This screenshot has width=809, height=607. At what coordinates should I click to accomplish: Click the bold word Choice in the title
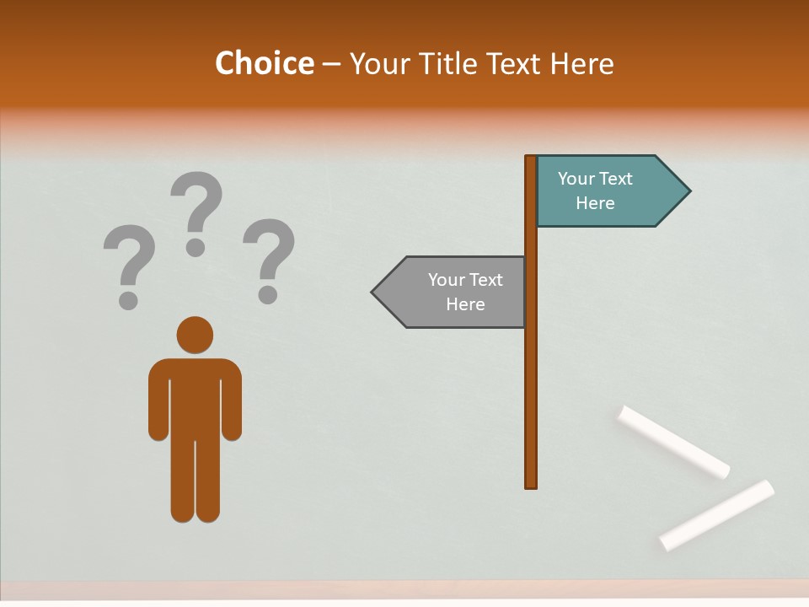pyautogui.click(x=264, y=63)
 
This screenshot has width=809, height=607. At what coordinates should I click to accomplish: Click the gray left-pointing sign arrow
pyautogui.click(x=451, y=293)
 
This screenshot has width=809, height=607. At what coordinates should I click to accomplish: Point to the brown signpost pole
pyautogui.click(x=531, y=379)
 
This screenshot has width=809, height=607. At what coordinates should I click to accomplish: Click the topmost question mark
pyautogui.click(x=196, y=211)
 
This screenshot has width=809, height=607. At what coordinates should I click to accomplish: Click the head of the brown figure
pyautogui.click(x=195, y=335)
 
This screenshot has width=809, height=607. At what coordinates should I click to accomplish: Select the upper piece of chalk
pyautogui.click(x=673, y=441)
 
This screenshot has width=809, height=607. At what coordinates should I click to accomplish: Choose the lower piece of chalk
pyautogui.click(x=716, y=514)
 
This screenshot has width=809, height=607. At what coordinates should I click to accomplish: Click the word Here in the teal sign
pyautogui.click(x=595, y=203)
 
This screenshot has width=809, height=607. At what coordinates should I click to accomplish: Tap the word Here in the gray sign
pyautogui.click(x=465, y=304)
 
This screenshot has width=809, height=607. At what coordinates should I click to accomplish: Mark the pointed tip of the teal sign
pyautogui.click(x=688, y=191)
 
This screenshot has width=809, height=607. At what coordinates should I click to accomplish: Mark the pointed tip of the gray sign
pyautogui.click(x=373, y=293)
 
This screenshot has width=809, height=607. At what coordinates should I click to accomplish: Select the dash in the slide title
pyautogui.click(x=331, y=64)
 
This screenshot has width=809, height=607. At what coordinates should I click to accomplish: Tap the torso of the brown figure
pyautogui.click(x=195, y=396)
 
